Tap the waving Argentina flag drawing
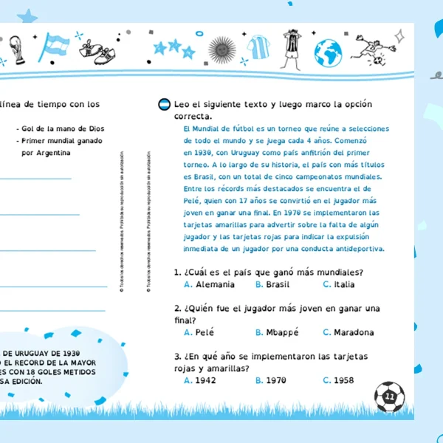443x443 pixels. coord(54,47)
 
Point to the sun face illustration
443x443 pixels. coord(220,49)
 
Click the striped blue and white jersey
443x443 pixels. coord(256,48)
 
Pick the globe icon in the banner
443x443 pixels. coord(327,52)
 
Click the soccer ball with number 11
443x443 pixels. coord(389,396)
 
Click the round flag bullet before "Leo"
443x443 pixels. coord(164,105)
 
